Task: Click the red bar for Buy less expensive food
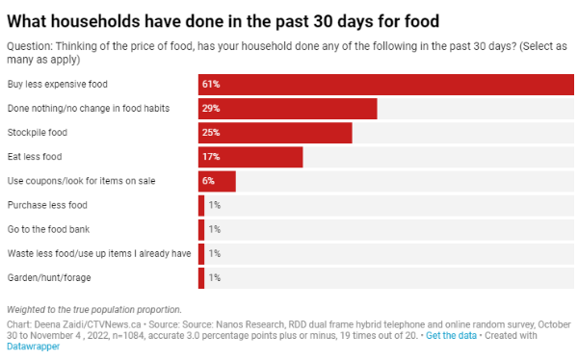386,85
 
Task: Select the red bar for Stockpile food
275,133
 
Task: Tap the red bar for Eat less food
250,157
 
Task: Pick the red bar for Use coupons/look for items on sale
217,181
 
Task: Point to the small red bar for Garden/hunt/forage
201,278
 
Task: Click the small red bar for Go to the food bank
201,229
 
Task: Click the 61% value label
211,85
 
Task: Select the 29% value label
211,109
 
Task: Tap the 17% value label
211,157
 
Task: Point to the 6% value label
208,181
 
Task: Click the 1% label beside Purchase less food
215,205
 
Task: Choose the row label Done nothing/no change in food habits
89,109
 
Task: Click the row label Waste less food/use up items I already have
99,253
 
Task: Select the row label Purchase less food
47,205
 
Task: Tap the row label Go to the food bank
48,229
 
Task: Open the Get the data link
451,336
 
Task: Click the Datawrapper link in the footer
33,347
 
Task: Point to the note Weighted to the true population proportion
94,310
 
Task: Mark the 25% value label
211,133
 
